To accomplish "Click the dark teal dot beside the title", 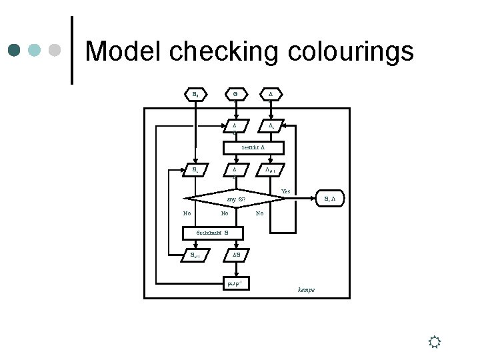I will tap(15, 50).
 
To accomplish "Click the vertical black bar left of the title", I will tap(72, 51).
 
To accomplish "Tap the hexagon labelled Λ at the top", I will tap(271, 95).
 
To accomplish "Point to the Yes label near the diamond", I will tap(285, 192).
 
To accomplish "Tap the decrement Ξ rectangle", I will tap(213, 233).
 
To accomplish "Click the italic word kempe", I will tap(306, 290).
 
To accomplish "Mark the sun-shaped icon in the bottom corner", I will tap(434, 343).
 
